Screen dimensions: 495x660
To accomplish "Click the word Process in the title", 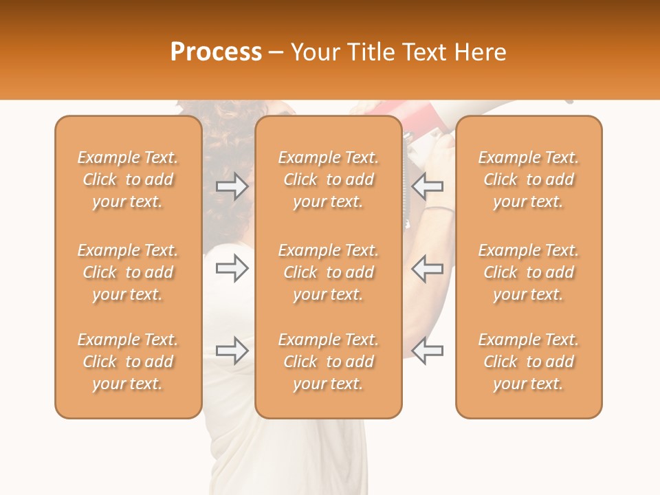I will coord(216,52).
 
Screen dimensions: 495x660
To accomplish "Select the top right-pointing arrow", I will coord(232,186).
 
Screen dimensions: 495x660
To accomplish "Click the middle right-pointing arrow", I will coord(232,268).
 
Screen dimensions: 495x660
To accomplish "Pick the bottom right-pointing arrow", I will coord(232,351).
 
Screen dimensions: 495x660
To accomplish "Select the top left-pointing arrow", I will coord(428,186).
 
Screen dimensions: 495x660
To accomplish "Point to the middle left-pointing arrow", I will coord(428,268).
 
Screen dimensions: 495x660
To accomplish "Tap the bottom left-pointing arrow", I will coord(428,351).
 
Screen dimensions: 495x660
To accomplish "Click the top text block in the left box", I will coord(128,179).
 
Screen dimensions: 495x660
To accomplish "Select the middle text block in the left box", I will coord(128,272).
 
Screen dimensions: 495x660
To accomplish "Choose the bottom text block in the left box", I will coord(128,362).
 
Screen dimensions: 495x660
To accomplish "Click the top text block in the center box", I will coord(329,179).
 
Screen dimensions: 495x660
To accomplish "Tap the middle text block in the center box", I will coord(329,272).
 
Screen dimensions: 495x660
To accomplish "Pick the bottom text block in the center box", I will coord(329,362).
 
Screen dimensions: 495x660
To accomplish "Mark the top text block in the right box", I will coord(529,179).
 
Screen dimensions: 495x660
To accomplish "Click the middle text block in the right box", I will coord(529,272).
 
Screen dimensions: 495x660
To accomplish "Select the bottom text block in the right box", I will coord(529,362).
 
